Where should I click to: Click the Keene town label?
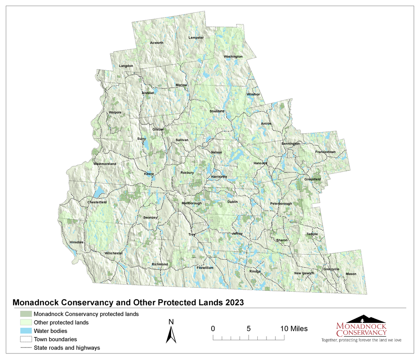click(149, 174)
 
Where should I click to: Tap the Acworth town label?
click(157, 43)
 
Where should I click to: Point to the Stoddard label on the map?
click(217, 111)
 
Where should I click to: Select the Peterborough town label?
click(281, 204)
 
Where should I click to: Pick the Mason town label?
click(351, 274)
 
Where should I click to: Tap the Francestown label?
click(325, 152)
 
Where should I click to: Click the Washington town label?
click(233, 57)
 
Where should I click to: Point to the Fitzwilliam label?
click(205, 268)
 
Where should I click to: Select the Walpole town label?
click(115, 113)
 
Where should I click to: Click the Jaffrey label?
click(237, 234)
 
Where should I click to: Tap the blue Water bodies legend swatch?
click(26, 331)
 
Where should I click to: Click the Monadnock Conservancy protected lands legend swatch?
click(26, 314)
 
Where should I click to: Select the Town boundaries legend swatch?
click(26, 339)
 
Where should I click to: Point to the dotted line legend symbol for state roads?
click(26, 348)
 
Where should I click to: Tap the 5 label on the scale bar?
click(249, 329)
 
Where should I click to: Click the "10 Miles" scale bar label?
click(294, 329)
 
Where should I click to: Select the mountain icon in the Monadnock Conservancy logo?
click(362, 319)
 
